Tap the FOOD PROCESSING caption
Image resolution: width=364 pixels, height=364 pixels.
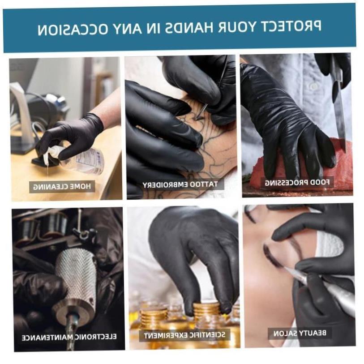[297, 182]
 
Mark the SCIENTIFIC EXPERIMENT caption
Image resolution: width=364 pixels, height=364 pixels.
[184, 334]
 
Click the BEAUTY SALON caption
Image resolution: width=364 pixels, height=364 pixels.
[300, 333]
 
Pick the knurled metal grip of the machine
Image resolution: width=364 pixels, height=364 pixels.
[76, 273]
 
